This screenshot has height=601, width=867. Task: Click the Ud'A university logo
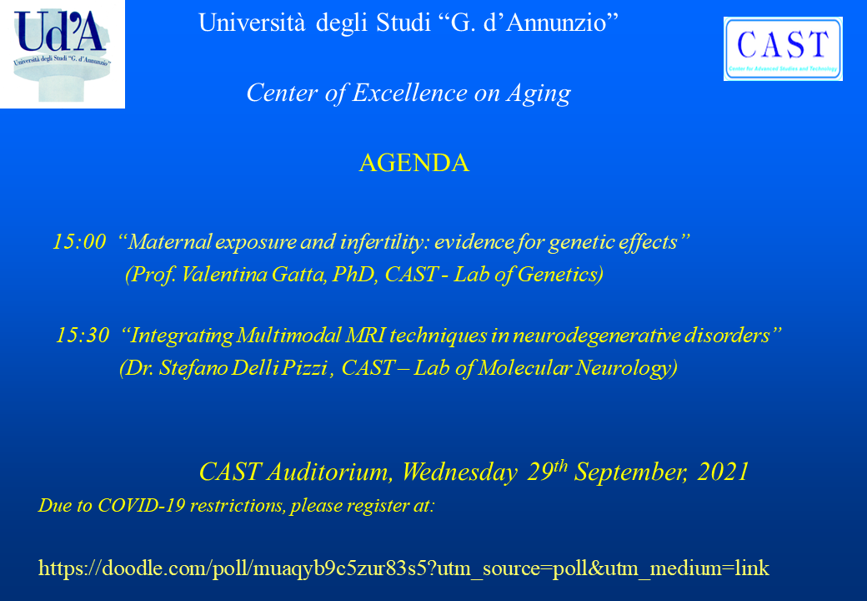62,54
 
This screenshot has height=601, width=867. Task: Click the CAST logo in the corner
783,48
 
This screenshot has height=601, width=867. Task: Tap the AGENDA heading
414,163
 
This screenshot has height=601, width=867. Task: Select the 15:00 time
79,242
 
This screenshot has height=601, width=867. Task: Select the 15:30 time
83,335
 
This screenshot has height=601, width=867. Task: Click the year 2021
724,472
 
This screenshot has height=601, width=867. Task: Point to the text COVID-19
141,505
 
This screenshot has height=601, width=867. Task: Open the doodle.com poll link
403,568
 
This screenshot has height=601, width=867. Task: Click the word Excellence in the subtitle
409,93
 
